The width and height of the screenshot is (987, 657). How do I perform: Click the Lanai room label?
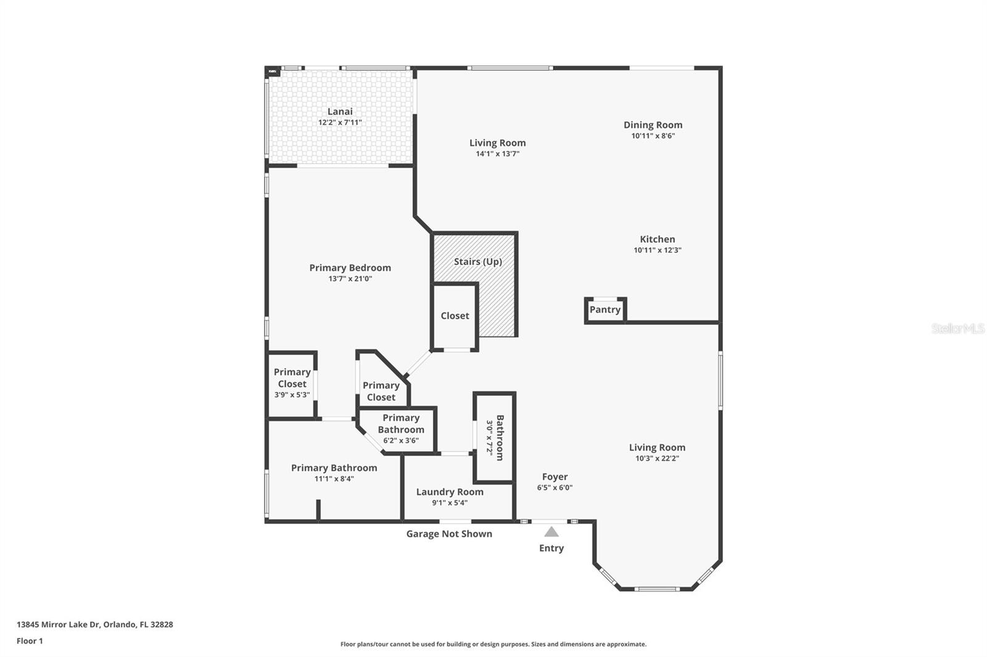(x=340, y=112)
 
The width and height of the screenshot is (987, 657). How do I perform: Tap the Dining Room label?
(x=653, y=125)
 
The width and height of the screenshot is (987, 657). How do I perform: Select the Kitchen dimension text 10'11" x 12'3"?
(x=657, y=250)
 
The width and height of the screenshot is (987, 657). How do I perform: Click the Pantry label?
(x=605, y=309)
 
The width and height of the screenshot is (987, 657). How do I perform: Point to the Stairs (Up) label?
(x=477, y=261)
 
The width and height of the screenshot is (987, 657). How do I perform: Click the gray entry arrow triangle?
(x=551, y=532)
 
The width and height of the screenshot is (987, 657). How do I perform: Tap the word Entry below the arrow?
(x=551, y=548)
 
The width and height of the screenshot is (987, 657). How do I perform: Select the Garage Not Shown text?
(x=448, y=534)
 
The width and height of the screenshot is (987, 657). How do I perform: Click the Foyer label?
(x=555, y=476)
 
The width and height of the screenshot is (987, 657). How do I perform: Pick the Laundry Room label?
(x=449, y=492)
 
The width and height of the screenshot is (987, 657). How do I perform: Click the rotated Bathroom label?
(x=500, y=438)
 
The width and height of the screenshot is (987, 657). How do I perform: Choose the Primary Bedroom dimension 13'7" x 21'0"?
(x=350, y=279)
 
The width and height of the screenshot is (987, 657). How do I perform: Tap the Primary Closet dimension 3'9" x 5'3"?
(x=292, y=395)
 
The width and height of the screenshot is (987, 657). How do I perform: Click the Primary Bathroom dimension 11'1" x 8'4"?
(x=334, y=479)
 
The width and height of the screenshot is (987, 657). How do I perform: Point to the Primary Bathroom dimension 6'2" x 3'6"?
(x=400, y=441)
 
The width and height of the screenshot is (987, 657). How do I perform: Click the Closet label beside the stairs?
(x=455, y=316)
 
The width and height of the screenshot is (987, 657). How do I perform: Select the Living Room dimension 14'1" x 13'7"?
(x=497, y=154)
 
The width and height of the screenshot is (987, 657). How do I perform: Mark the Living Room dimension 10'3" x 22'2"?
(x=657, y=459)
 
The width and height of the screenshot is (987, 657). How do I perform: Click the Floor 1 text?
(x=30, y=641)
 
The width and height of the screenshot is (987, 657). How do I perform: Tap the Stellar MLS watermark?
(x=957, y=328)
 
